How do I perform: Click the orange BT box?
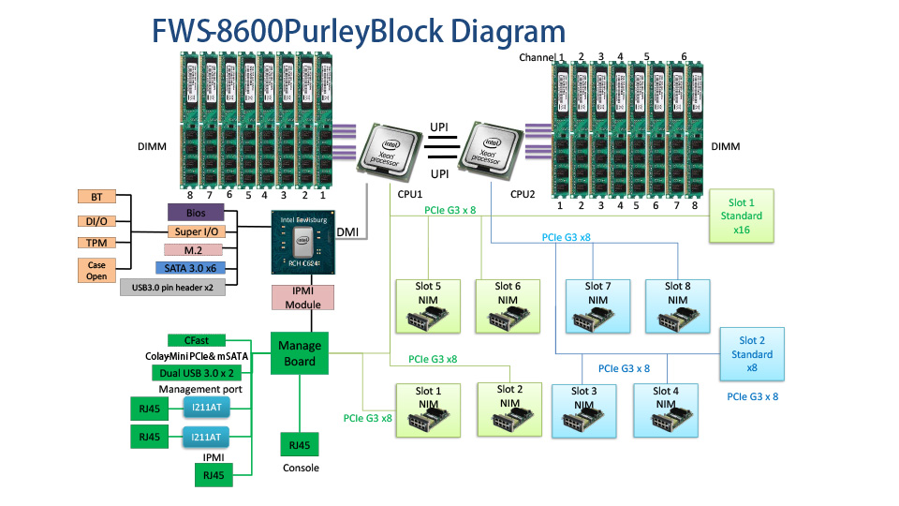pyautogui.click(x=96, y=197)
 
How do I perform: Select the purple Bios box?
pyautogui.click(x=196, y=213)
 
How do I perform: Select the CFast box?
pyautogui.click(x=196, y=340)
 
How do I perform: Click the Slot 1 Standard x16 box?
pyautogui.click(x=741, y=216)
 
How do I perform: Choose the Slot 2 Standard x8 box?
pyautogui.click(x=752, y=354)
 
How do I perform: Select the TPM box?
pyautogui.click(x=96, y=243)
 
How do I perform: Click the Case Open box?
pyautogui.click(x=96, y=271)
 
